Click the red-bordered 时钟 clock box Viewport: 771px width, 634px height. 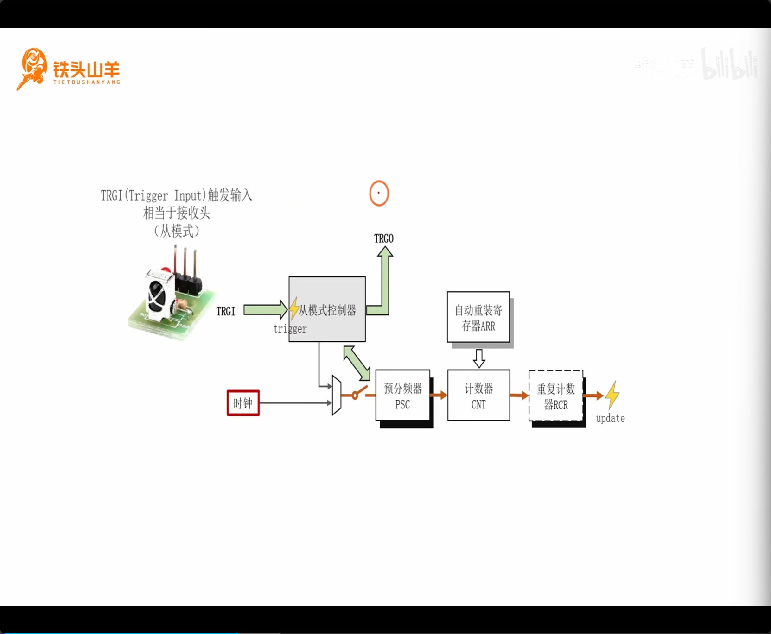[243, 403]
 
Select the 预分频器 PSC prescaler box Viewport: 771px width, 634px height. [402, 395]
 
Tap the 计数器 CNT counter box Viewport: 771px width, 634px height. [478, 395]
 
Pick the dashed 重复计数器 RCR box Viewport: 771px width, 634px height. [555, 396]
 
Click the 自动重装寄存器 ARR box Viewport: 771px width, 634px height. [478, 317]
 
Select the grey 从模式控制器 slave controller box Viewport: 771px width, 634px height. [327, 309]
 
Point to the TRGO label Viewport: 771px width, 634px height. [384, 239]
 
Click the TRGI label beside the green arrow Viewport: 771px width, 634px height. [226, 311]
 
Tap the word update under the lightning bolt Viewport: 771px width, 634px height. [610, 418]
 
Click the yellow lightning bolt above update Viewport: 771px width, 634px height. [612, 395]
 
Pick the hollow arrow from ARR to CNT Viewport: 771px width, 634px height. [479, 358]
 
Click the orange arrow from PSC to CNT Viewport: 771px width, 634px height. [439, 395]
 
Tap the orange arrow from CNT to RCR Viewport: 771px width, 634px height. [519, 395]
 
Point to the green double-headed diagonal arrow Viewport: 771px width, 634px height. [357, 363]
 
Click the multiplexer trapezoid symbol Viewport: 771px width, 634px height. [337, 395]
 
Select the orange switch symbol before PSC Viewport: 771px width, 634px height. [357, 394]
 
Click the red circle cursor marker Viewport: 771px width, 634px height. [379, 193]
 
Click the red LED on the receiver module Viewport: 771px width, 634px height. [165, 270]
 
